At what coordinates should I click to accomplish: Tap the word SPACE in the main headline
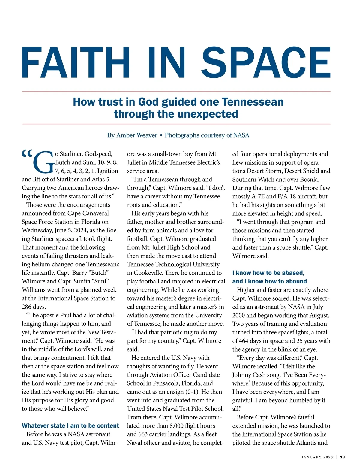(266, 63)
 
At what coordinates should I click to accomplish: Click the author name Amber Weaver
(137, 135)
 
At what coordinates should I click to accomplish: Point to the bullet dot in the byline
(161, 135)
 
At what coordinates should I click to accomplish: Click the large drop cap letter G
(44, 162)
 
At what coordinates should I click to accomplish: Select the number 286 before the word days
(27, 307)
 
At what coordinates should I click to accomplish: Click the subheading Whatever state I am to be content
(70, 425)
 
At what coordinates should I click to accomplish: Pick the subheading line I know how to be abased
(268, 273)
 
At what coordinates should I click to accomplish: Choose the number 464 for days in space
(245, 341)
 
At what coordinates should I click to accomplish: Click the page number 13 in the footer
(343, 457)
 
